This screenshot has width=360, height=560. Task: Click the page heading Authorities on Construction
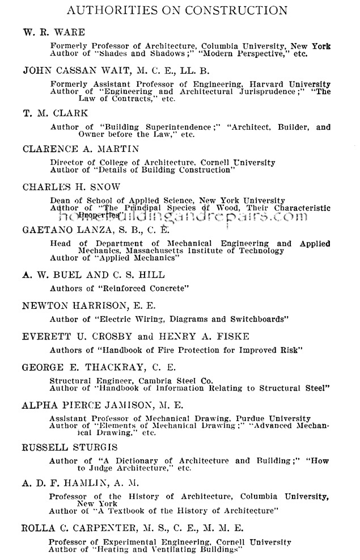(x=177, y=10)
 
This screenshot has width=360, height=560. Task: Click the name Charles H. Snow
(x=71, y=186)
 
